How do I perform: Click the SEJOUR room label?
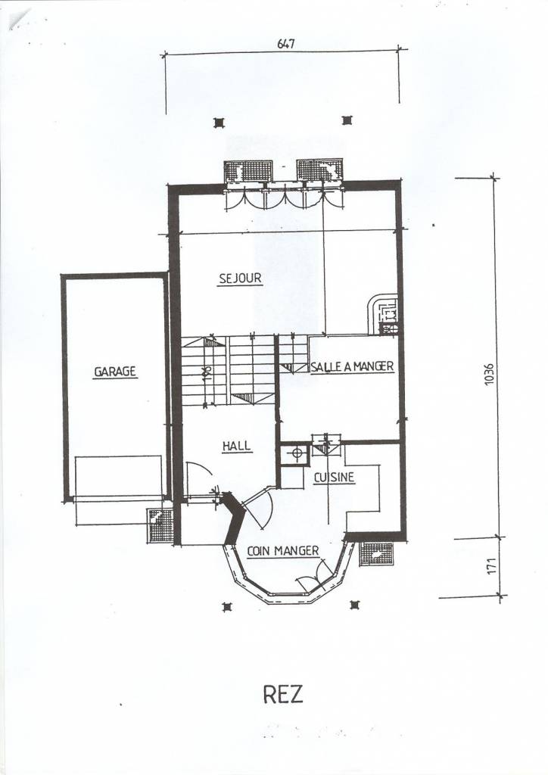[x=240, y=279]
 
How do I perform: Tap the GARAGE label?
[x=115, y=372]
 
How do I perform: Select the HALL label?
[x=237, y=447]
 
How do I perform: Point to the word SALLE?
[x=324, y=367]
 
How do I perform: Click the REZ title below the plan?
[x=283, y=694]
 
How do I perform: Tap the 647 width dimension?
[x=285, y=44]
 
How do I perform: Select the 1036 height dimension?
[x=489, y=376]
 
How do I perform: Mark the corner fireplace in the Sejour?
[x=384, y=314]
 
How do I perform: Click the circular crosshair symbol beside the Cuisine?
[x=296, y=454]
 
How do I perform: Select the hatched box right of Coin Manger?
[x=376, y=554]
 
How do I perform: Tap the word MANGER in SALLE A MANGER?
[x=373, y=367]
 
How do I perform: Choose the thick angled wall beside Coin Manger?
[x=235, y=519]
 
